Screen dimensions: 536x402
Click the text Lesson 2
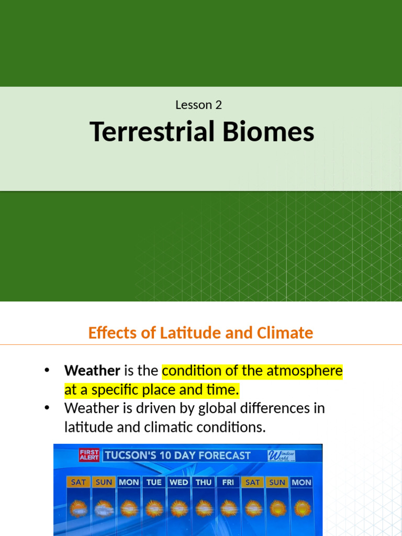tap(198, 105)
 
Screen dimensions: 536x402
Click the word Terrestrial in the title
tap(152, 131)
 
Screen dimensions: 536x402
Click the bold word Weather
tap(92, 371)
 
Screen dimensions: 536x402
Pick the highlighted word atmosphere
tap(305, 371)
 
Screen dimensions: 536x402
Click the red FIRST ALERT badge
tap(89, 454)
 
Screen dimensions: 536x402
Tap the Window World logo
tap(282, 455)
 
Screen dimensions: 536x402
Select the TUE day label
tap(154, 482)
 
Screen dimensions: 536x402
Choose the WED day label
tap(178, 482)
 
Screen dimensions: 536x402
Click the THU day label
tap(204, 482)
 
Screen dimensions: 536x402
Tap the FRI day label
tap(228, 482)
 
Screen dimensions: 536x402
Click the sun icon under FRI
tap(228, 507)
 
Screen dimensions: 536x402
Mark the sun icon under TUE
tap(154, 507)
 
